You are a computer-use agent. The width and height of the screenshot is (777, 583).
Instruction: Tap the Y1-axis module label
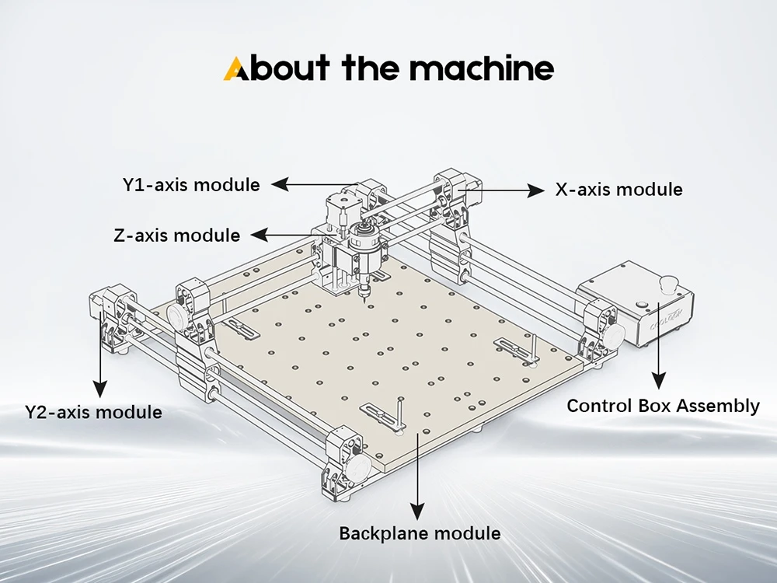(x=191, y=185)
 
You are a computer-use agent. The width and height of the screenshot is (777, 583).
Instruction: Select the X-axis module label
(x=619, y=190)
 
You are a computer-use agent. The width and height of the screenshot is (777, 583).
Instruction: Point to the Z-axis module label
(x=177, y=235)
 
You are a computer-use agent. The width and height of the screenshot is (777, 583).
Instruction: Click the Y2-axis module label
(x=94, y=412)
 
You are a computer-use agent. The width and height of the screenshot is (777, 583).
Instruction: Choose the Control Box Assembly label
(x=663, y=406)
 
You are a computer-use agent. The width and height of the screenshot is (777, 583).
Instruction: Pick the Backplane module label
(x=420, y=533)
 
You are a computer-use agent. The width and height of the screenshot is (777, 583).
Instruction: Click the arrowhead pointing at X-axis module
(x=535, y=190)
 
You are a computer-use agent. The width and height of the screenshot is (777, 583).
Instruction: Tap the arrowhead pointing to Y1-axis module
(x=280, y=184)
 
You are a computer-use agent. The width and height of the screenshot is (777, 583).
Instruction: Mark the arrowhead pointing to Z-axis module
(x=260, y=235)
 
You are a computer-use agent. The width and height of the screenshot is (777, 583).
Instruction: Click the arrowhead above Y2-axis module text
(x=100, y=389)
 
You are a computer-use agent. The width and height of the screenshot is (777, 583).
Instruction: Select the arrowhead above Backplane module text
(x=418, y=511)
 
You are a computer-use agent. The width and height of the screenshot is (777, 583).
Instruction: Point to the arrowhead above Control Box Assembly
(x=659, y=380)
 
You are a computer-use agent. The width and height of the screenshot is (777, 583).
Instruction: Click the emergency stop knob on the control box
(x=668, y=285)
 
